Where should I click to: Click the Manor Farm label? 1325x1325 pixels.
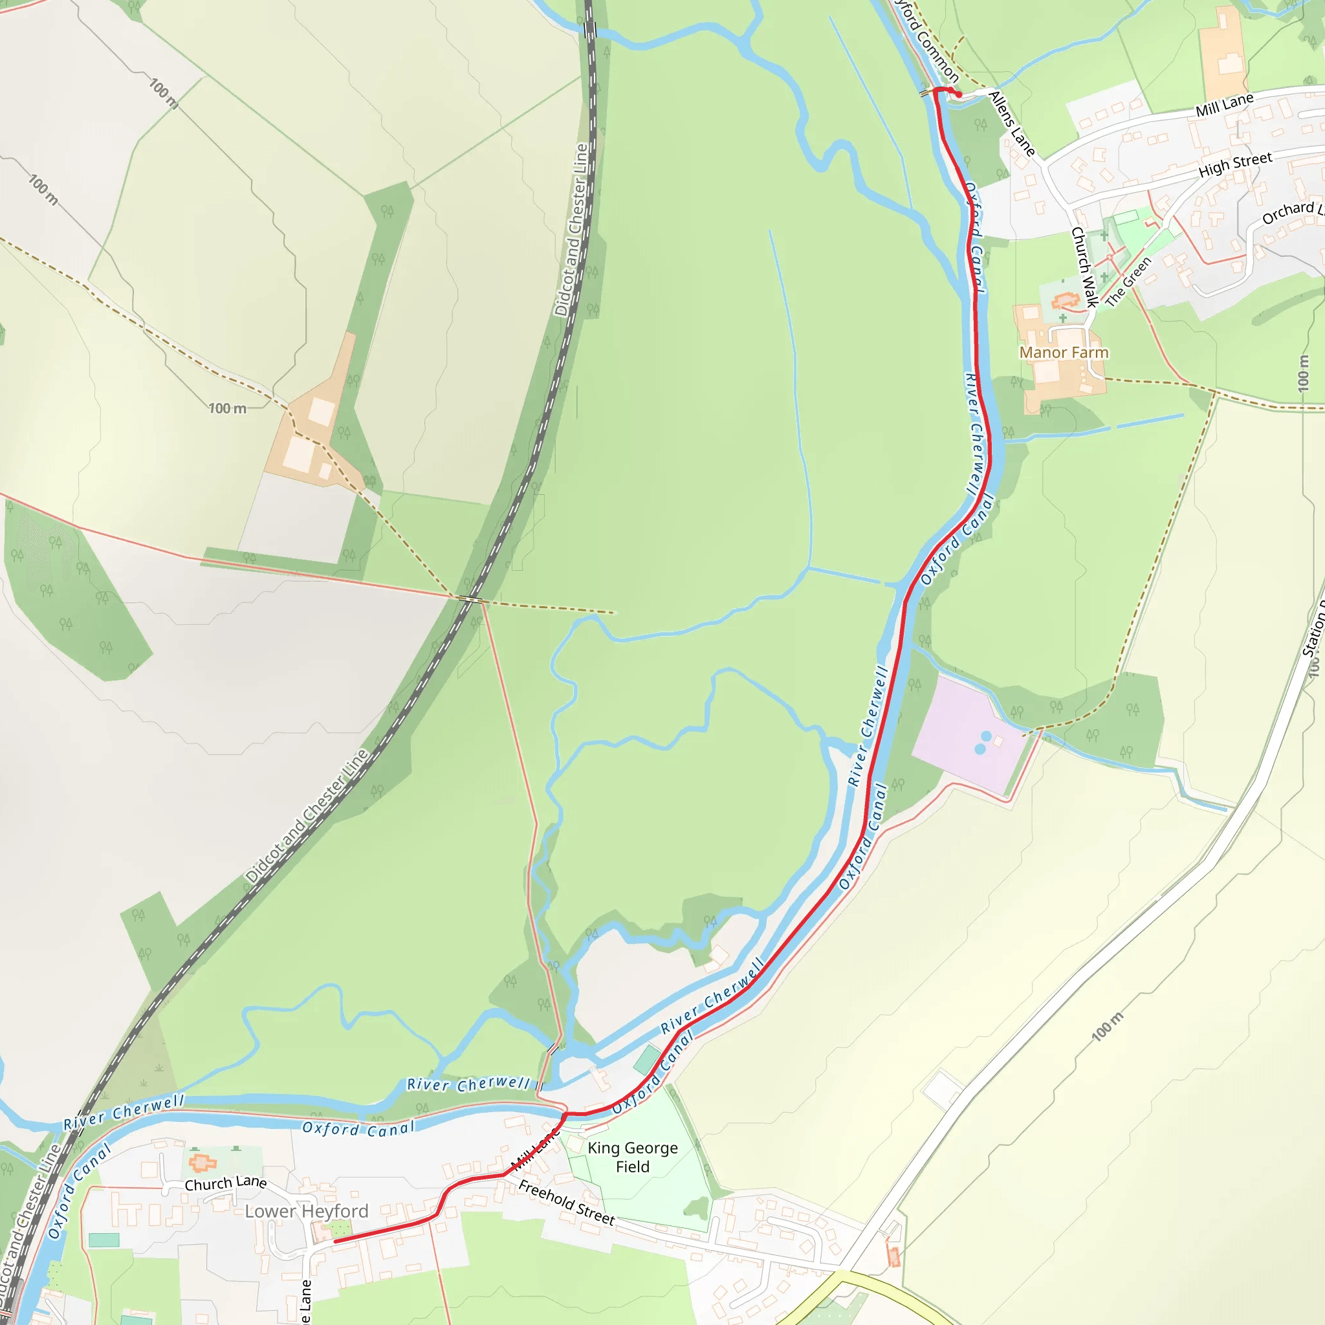(x=1064, y=353)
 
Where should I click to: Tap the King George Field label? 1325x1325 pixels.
(x=632, y=1157)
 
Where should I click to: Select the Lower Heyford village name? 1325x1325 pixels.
(x=307, y=1211)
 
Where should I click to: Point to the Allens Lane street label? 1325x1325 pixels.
(x=1012, y=124)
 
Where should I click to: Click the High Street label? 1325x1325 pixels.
(x=1235, y=164)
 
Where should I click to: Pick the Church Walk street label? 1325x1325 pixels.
(x=1084, y=267)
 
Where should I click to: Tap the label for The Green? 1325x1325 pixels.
(x=1128, y=281)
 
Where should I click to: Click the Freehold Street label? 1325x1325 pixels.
(x=567, y=1202)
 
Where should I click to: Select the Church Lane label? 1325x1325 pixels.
(x=226, y=1183)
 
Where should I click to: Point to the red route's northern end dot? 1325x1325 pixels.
(x=959, y=94)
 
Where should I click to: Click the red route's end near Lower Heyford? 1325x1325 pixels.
(x=335, y=1242)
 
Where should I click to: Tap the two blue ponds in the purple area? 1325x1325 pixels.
(x=983, y=743)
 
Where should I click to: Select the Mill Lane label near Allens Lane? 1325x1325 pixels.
(x=1224, y=104)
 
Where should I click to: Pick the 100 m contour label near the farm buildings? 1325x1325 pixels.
(x=228, y=409)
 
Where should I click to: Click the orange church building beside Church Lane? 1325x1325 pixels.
(x=203, y=1163)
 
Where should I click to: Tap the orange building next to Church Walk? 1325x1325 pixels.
(x=1064, y=300)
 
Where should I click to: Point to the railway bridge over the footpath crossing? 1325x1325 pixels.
(x=470, y=599)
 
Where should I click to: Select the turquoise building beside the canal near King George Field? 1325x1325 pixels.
(x=647, y=1060)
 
